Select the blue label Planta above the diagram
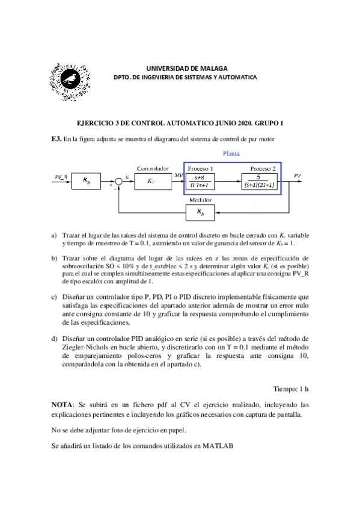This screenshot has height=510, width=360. pos(231,154)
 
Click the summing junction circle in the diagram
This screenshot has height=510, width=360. pos(119,180)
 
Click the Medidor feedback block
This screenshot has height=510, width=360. pos(200,212)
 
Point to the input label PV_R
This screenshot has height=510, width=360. pos(61,176)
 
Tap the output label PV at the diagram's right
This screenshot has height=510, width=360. pos(299,174)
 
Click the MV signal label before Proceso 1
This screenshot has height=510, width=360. pos(178,175)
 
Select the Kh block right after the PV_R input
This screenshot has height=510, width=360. pos(87,180)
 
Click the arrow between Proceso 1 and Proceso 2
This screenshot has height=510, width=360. pos(231,180)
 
